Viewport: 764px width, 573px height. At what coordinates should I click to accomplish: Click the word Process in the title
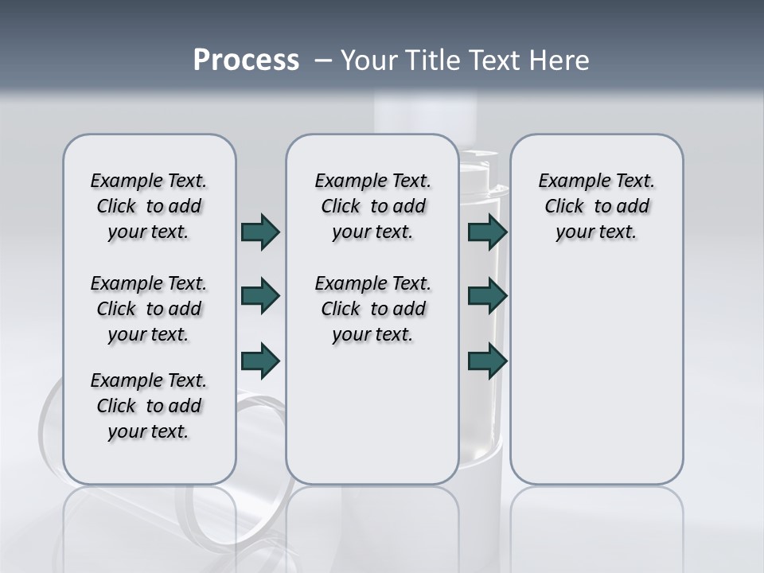point(246,60)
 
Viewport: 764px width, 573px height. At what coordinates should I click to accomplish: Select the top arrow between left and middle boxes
point(260,232)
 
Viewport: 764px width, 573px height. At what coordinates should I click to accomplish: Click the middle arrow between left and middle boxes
point(260,296)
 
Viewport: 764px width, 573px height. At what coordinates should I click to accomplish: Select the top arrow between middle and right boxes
point(488,232)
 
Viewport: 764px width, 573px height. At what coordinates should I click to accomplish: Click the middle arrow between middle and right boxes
point(488,296)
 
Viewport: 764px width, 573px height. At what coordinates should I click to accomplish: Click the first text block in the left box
point(149,206)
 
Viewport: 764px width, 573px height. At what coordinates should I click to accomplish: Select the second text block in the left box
point(149,309)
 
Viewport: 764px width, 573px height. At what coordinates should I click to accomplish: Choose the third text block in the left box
point(149,406)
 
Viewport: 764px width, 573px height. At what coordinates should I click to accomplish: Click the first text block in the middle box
point(372,206)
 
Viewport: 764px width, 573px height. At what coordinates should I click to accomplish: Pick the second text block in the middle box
point(372,309)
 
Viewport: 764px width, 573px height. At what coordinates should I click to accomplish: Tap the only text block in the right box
point(596,206)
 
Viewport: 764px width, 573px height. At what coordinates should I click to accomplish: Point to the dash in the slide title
point(323,60)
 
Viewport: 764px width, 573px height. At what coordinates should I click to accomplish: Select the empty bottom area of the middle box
point(372,422)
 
